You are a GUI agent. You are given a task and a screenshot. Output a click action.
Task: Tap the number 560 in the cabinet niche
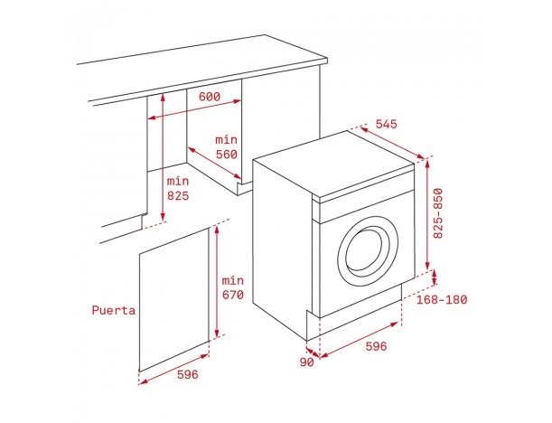[x=226, y=155]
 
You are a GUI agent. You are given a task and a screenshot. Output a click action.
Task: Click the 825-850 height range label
[x=440, y=212]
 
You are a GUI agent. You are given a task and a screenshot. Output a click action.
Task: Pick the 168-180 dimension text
[x=443, y=299]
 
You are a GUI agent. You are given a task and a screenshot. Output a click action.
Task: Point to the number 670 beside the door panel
[x=233, y=295]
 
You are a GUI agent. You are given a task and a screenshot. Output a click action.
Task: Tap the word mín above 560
[x=226, y=139]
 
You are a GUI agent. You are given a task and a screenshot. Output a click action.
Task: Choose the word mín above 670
[x=233, y=279]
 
